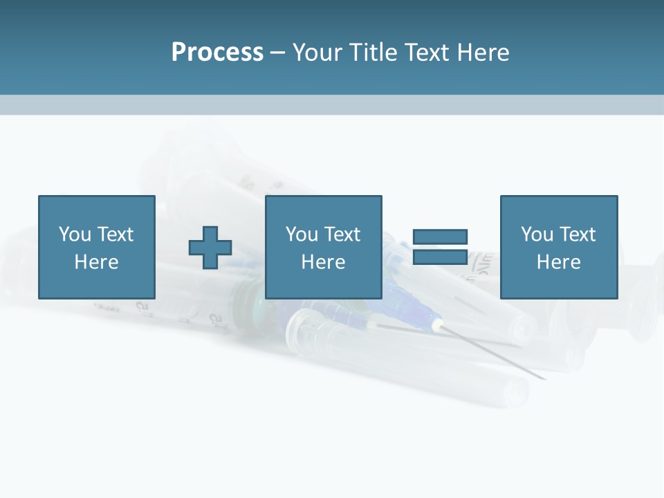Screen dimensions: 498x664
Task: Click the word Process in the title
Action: click(x=217, y=53)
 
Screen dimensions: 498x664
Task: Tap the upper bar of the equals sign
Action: click(x=440, y=237)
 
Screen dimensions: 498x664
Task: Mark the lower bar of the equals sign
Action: click(x=440, y=257)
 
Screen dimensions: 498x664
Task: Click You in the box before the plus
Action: click(x=75, y=234)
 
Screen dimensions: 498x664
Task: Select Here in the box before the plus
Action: click(x=97, y=262)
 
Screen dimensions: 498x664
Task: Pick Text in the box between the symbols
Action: click(x=342, y=234)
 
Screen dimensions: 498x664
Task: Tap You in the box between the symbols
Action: click(x=302, y=234)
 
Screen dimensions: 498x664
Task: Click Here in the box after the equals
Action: click(x=559, y=262)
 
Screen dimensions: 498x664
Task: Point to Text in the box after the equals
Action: click(x=578, y=234)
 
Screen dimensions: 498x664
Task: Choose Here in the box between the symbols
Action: click(x=324, y=262)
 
